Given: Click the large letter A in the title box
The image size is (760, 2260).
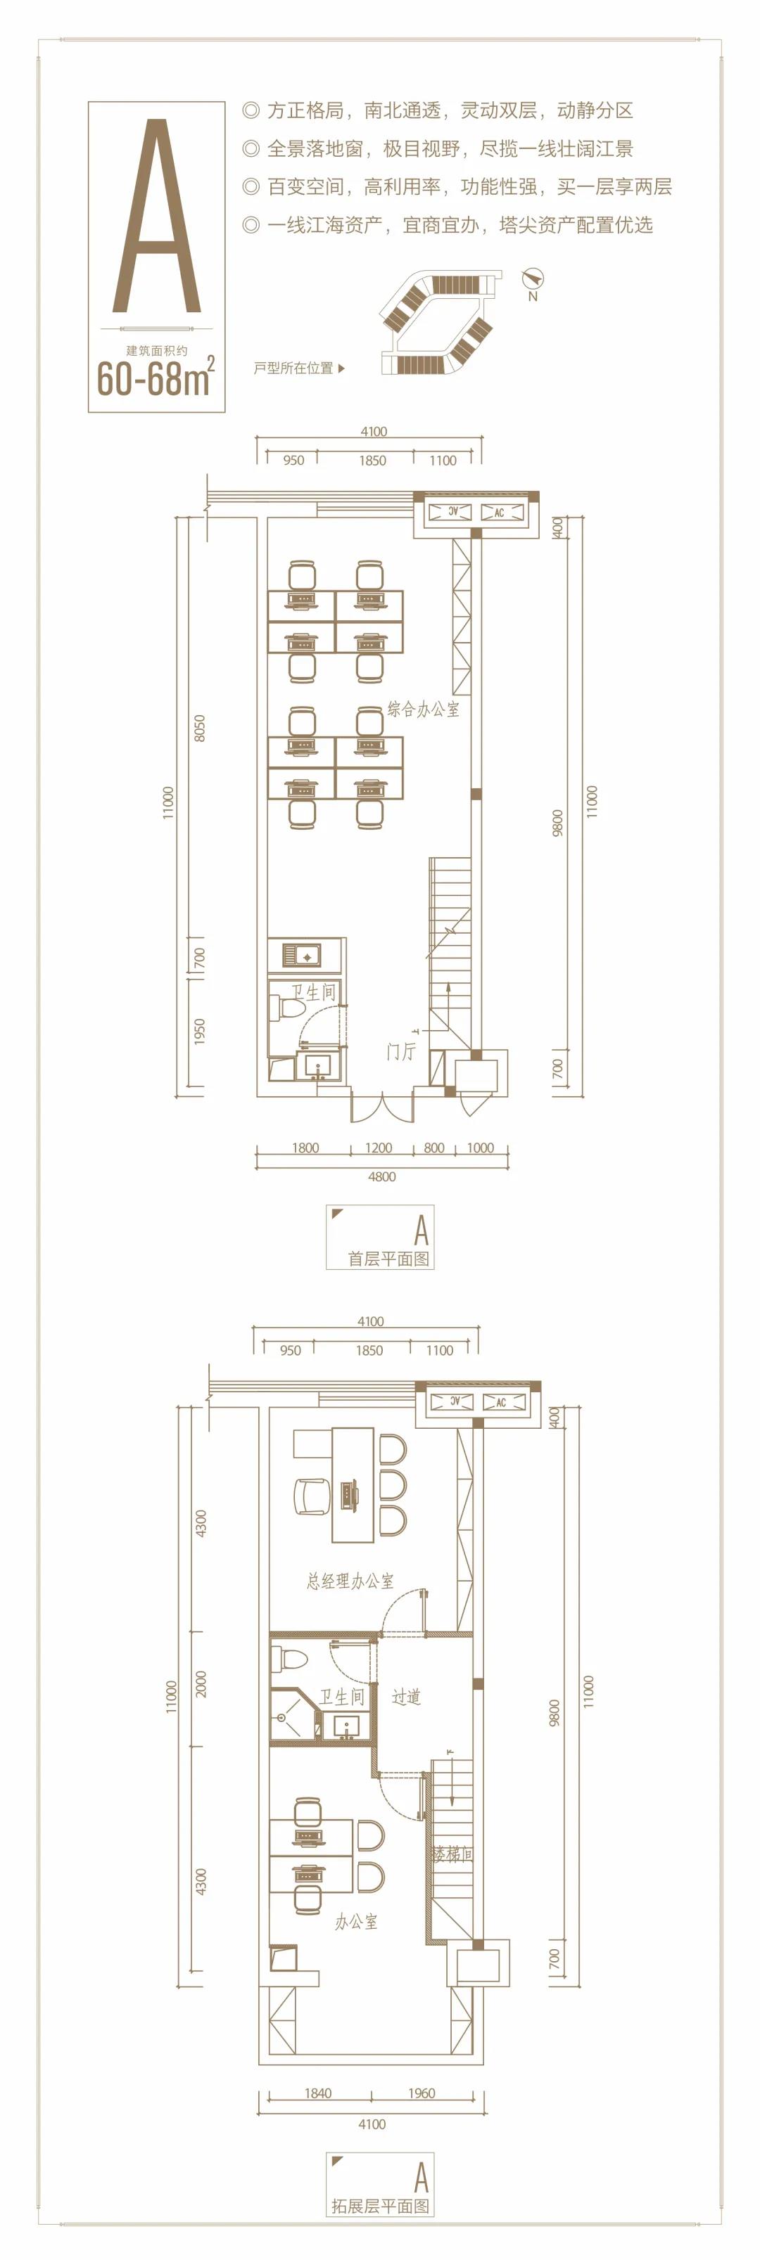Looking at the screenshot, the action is point(157,217).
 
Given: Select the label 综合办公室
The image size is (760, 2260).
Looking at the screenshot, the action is point(423,709).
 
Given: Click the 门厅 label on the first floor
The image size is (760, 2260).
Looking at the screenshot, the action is point(401,1050).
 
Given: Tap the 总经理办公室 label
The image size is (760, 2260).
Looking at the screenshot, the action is point(350,1580).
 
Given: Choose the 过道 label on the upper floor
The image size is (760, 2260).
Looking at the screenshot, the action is point(406,1697).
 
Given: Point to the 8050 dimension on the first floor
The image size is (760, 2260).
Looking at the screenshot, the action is point(199,729).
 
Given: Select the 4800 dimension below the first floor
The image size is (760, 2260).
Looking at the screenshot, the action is point(381,1176).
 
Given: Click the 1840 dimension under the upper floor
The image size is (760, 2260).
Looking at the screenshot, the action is point(317,2093).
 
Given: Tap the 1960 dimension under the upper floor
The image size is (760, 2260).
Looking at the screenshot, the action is point(422,2093).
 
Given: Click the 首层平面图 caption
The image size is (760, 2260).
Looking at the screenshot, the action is point(388,1258).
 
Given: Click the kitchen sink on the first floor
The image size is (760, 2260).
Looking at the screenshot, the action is point(301,954).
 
